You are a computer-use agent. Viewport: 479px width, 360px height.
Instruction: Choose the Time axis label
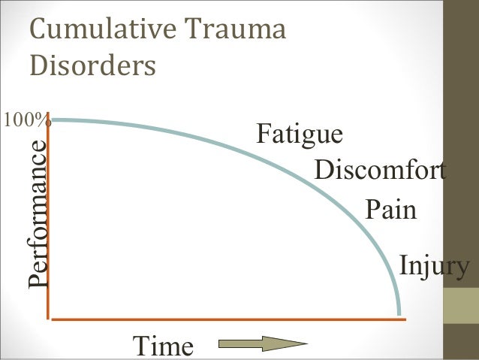point(162,346)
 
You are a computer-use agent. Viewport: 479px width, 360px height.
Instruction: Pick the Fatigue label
point(300,135)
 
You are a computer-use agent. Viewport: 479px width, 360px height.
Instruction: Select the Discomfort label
point(380,171)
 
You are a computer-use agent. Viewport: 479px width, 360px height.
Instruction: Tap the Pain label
point(390,210)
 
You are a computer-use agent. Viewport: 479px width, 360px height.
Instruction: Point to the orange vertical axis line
point(50,225)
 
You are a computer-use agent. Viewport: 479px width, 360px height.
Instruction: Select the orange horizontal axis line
point(225,319)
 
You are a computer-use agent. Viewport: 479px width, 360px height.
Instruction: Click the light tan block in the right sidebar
point(462,307)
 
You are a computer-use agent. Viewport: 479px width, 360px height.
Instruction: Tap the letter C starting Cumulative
point(37,32)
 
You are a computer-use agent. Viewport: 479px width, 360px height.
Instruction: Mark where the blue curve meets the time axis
point(399,316)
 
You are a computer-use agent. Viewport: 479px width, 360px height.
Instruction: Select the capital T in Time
point(140,346)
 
